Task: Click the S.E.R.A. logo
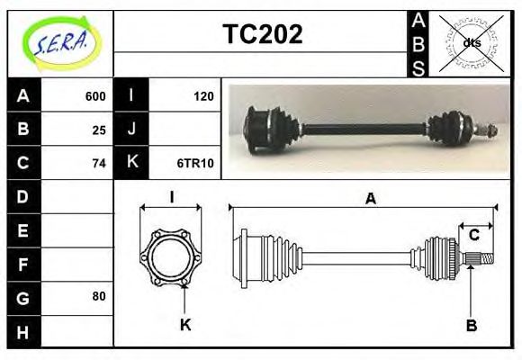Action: coord(60,43)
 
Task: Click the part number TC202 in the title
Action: coord(262,34)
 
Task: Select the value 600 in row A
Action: coord(95,96)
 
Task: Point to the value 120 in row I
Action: coord(203,96)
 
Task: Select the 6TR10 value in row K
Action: coord(195,163)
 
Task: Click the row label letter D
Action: coord(23,196)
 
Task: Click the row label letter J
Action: coord(132,130)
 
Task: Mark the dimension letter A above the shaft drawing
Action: coord(370,199)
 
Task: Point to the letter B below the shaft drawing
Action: coord(471,325)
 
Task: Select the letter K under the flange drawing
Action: coord(185,325)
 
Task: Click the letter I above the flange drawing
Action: coord(171,198)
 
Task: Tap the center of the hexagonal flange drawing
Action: coord(171,258)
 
